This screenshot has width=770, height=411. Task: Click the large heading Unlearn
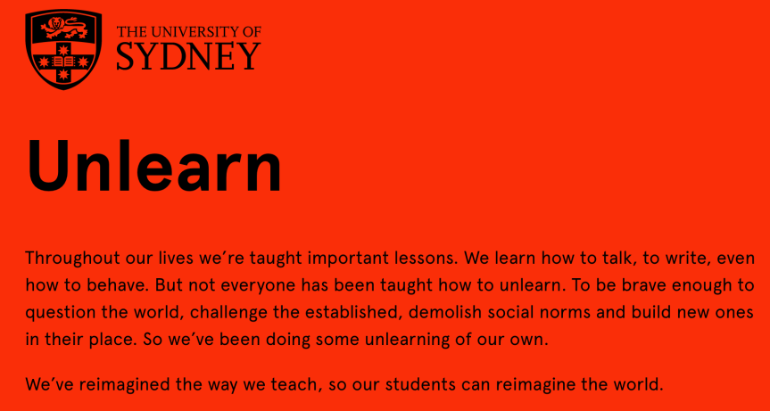pyautogui.click(x=154, y=165)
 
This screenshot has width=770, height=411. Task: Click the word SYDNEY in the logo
pyautogui.click(x=188, y=56)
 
